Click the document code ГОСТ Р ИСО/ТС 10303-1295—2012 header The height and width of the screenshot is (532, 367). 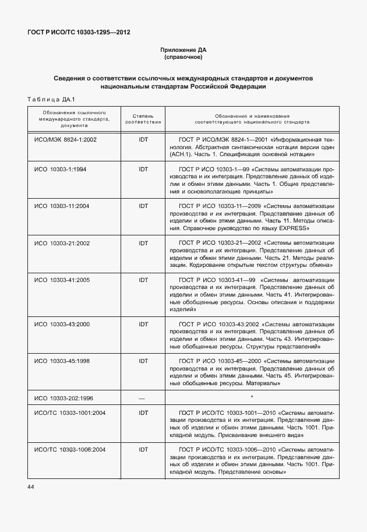[x=79, y=32]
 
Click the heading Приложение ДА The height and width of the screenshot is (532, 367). [x=183, y=51]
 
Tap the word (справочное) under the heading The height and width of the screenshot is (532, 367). [x=183, y=58]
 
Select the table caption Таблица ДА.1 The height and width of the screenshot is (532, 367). [x=48, y=99]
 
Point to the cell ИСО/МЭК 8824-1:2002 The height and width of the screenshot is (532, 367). [x=65, y=140]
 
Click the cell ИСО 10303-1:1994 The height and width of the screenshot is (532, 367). [x=60, y=168]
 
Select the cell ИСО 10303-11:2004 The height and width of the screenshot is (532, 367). [x=62, y=206]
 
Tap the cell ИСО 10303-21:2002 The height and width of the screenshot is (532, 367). [x=62, y=243]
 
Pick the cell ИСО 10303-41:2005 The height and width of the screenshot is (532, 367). [x=62, y=280]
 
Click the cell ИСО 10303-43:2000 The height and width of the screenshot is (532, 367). [x=62, y=324]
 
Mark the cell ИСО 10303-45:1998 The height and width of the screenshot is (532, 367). [x=62, y=361]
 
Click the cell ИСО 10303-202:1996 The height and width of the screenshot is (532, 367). [x=63, y=398]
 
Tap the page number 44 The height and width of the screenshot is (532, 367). [x=30, y=487]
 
